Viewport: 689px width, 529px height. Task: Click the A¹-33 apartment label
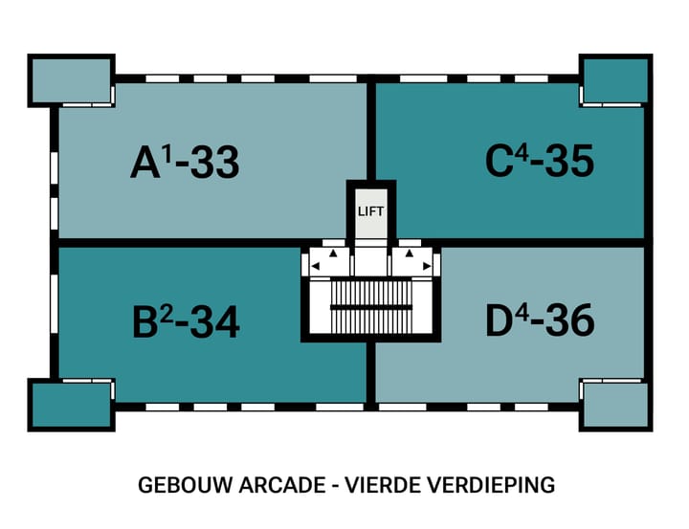pyautogui.click(x=185, y=164)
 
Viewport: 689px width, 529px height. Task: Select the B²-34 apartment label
pyautogui.click(x=185, y=322)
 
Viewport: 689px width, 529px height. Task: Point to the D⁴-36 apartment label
pyautogui.click(x=540, y=321)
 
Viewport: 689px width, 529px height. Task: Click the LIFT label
pyautogui.click(x=369, y=211)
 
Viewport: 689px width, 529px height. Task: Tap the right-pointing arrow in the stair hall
pyautogui.click(x=425, y=266)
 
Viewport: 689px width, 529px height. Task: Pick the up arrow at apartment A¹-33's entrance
pyautogui.click(x=333, y=254)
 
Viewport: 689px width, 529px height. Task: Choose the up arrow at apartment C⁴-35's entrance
pyautogui.click(x=409, y=254)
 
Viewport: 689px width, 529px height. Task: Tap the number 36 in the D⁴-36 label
pyautogui.click(x=571, y=322)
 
